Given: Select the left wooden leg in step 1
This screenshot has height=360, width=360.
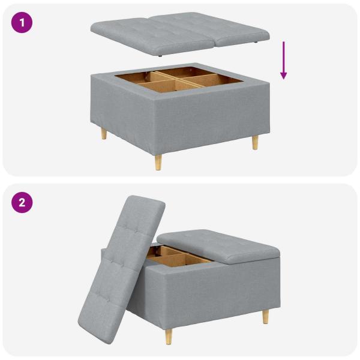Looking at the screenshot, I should [x=104, y=133].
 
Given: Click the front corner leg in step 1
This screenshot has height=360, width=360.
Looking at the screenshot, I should [x=158, y=161].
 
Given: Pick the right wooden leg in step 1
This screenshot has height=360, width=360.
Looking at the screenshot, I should [x=255, y=142].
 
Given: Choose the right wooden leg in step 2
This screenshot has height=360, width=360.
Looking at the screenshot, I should [x=265, y=316].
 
